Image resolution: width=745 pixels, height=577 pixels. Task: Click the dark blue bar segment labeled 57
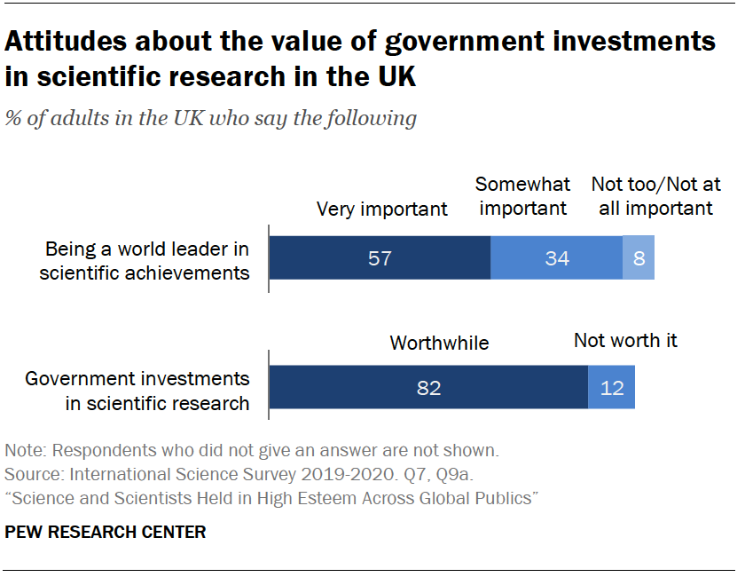click(x=380, y=258)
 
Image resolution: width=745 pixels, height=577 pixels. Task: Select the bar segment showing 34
click(x=557, y=258)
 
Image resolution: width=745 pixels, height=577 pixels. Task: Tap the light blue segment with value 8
click(x=639, y=258)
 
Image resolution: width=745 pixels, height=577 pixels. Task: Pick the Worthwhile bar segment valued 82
click(x=428, y=388)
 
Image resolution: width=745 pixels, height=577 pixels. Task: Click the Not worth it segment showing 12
click(x=612, y=388)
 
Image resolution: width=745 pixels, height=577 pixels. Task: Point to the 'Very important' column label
click(x=382, y=209)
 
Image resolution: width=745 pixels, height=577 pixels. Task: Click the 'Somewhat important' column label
click(x=521, y=196)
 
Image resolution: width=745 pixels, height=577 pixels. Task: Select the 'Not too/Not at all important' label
click(x=656, y=196)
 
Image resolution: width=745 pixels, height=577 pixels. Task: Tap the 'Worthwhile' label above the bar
click(x=439, y=343)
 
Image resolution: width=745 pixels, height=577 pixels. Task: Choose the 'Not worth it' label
click(x=625, y=340)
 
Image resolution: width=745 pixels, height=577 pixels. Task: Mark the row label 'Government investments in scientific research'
click(x=137, y=391)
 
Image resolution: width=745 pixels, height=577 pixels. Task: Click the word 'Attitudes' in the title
click(x=69, y=42)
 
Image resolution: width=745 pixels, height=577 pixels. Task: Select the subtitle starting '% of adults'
click(x=211, y=118)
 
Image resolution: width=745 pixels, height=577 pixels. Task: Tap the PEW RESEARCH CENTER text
click(x=106, y=533)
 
